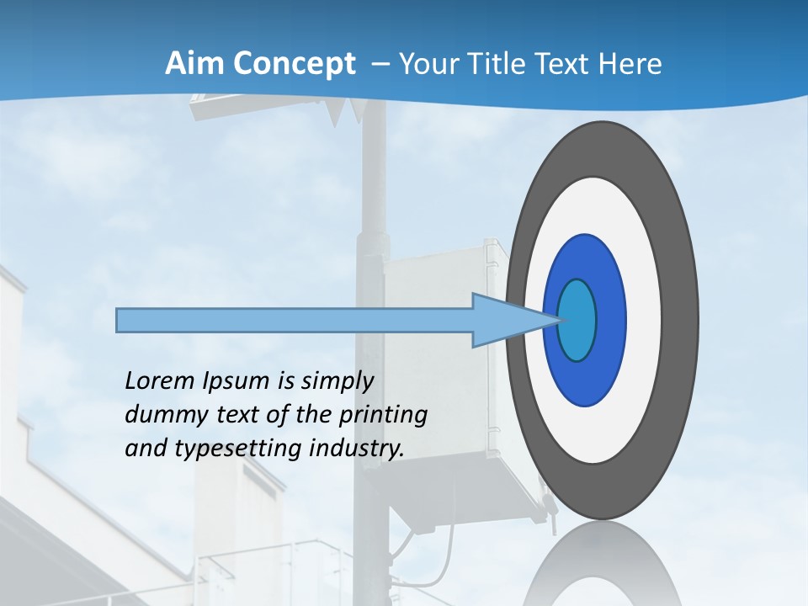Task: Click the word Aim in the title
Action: [189, 64]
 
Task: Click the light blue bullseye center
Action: [577, 320]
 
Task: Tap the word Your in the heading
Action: [428, 64]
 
